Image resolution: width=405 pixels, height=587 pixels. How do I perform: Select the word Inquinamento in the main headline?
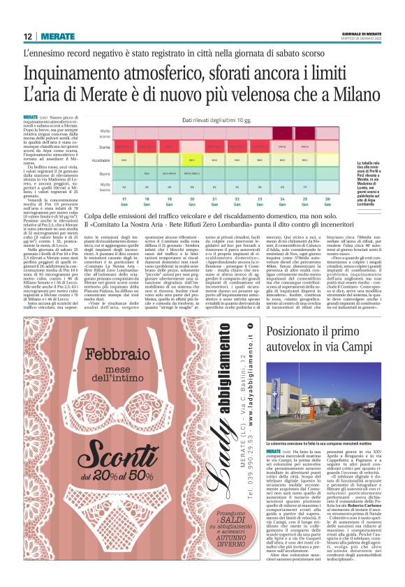point(78,72)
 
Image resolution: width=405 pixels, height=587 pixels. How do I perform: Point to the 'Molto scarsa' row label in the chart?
point(105,132)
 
